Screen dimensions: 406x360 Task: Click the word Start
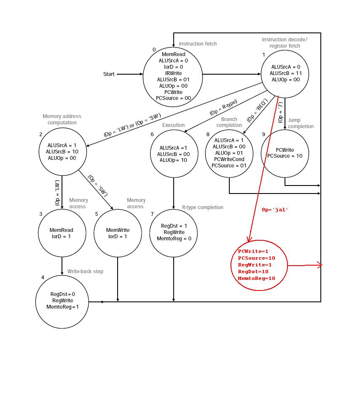[109, 74]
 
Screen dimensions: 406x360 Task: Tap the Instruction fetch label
[198, 44]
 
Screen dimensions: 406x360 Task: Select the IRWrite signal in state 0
[173, 73]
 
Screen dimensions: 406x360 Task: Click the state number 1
[264, 55]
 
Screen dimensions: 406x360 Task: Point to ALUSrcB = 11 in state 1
[286, 73]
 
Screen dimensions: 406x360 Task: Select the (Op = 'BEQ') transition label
[257, 110]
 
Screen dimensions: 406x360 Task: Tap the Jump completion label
[301, 124]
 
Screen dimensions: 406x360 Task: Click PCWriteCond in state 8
[229, 159]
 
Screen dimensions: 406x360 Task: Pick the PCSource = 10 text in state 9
[285, 156]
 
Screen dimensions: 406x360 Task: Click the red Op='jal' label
[275, 210]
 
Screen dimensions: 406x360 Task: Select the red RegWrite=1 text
[255, 265]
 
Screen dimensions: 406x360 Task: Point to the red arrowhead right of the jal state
[320, 265]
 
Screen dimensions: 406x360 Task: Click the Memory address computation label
[62, 119]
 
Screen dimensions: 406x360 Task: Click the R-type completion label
[202, 207]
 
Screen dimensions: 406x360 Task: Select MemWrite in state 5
[118, 230]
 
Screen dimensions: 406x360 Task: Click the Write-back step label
[85, 272]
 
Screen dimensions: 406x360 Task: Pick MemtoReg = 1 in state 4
[62, 307]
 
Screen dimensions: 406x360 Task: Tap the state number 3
[41, 214]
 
